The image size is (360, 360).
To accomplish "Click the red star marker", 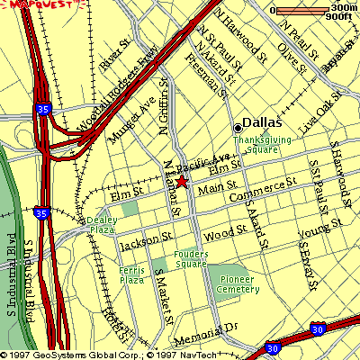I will coord(182,182).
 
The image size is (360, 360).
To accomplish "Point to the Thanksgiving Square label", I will coord(263,144).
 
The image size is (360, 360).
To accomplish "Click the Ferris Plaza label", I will coord(131,274).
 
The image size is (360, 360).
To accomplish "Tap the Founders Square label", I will coord(192,259).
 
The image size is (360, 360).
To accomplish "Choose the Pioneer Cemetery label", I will coord(240,284).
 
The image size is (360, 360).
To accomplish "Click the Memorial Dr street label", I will coord(205,334).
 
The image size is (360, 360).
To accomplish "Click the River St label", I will coord(116,61).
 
